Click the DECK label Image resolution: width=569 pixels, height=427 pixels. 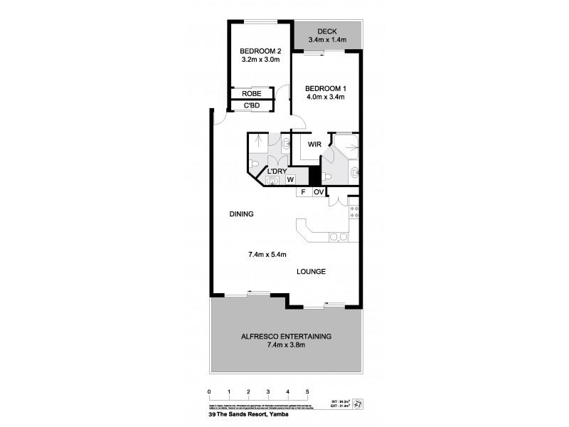(x=327, y=31)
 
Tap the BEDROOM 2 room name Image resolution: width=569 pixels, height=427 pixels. (x=260, y=51)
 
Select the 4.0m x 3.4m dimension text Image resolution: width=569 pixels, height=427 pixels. (x=326, y=97)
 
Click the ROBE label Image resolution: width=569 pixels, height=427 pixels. (x=251, y=94)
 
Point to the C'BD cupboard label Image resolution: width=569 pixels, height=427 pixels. (x=251, y=106)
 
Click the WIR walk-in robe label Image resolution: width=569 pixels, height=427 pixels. (x=314, y=144)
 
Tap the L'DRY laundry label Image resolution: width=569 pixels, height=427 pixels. (x=277, y=172)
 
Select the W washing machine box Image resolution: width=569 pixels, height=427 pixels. (x=290, y=181)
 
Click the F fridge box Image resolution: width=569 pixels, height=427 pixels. (x=302, y=192)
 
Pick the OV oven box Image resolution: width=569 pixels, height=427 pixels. (x=319, y=192)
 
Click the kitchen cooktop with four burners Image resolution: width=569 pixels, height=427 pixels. (x=353, y=213)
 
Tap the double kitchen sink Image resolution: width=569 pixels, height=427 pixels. (x=337, y=237)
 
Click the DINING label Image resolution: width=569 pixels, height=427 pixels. (x=242, y=213)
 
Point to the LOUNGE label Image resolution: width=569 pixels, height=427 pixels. (x=312, y=271)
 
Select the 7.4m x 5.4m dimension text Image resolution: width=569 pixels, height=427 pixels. (x=267, y=254)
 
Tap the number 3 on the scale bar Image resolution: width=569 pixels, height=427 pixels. (x=268, y=392)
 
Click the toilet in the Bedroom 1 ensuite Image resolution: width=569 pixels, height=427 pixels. (x=353, y=172)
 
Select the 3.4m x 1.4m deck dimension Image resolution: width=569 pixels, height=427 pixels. (x=327, y=40)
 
